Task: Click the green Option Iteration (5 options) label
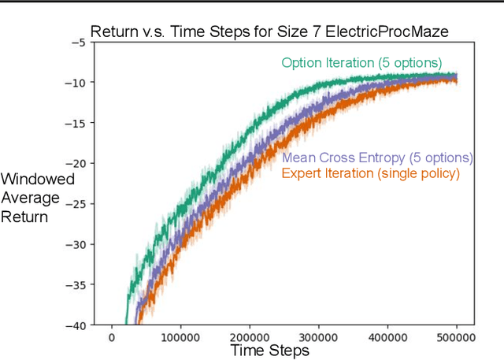coord(361,62)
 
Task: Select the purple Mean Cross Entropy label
coord(377,158)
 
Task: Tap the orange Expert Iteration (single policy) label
coord(370,173)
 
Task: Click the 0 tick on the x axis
coord(111,337)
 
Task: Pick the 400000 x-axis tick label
coord(387,337)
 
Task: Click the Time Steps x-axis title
coord(270,350)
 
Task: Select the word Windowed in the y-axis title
coord(38,179)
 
